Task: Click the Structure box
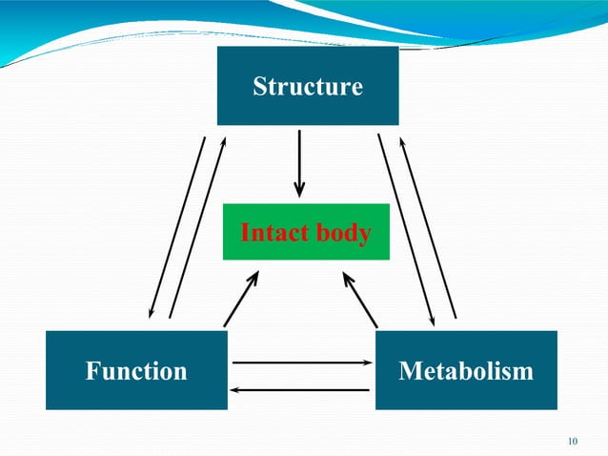pyautogui.click(x=308, y=86)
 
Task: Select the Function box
pyautogui.click(x=136, y=370)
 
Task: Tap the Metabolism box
pyautogui.click(x=466, y=370)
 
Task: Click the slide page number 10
pyautogui.click(x=572, y=441)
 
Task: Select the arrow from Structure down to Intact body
pyautogui.click(x=300, y=162)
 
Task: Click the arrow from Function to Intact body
pyautogui.click(x=241, y=299)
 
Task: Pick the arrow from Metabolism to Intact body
pyautogui.click(x=361, y=299)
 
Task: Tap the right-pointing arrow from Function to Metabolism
pyautogui.click(x=301, y=363)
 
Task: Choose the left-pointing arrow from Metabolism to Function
pyautogui.click(x=301, y=389)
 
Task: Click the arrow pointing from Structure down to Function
pyautogui.click(x=177, y=227)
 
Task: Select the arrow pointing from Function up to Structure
pyautogui.click(x=197, y=227)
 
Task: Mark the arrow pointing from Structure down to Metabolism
pyautogui.click(x=407, y=227)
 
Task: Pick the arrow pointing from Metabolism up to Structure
pyautogui.click(x=428, y=227)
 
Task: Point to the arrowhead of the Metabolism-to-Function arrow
pyautogui.click(x=236, y=389)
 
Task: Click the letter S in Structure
pyautogui.click(x=259, y=87)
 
